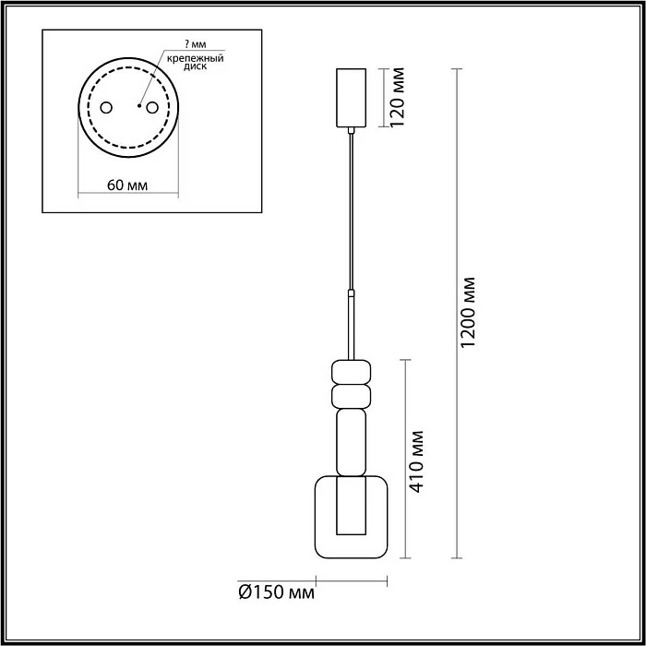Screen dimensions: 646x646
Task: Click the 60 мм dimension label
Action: tap(127, 185)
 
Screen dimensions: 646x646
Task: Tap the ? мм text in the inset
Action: tap(196, 44)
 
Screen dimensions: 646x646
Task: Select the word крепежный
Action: tap(196, 58)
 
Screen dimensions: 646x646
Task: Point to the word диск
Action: tap(196, 66)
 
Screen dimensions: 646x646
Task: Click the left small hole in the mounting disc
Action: tap(106, 108)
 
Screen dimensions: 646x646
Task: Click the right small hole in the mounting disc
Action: tap(152, 108)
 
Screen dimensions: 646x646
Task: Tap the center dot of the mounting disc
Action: tap(139, 106)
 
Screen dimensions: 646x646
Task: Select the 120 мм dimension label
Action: tap(398, 98)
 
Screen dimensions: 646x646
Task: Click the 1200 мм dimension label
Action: tap(468, 313)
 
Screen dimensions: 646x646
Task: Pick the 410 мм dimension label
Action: tap(417, 461)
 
